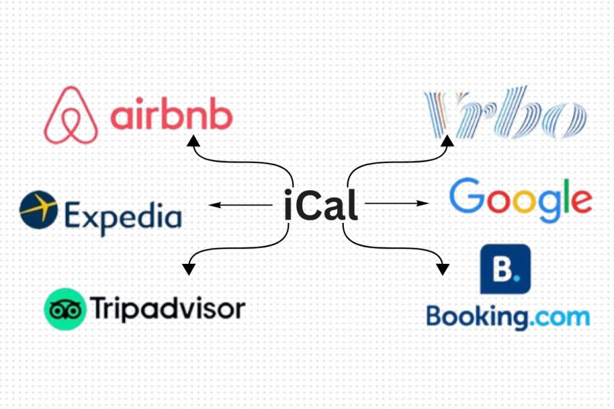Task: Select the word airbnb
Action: coord(171,117)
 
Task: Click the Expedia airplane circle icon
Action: coord(38,209)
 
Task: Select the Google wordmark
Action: coord(521,200)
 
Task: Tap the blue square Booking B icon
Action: coord(506,269)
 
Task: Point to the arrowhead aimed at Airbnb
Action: coord(193,140)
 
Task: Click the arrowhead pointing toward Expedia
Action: coord(214,204)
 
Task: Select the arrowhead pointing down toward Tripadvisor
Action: coord(189,268)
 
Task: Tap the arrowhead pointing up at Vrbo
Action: coord(448,140)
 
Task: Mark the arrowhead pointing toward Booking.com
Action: coord(443,268)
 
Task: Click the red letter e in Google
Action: coord(579,200)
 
